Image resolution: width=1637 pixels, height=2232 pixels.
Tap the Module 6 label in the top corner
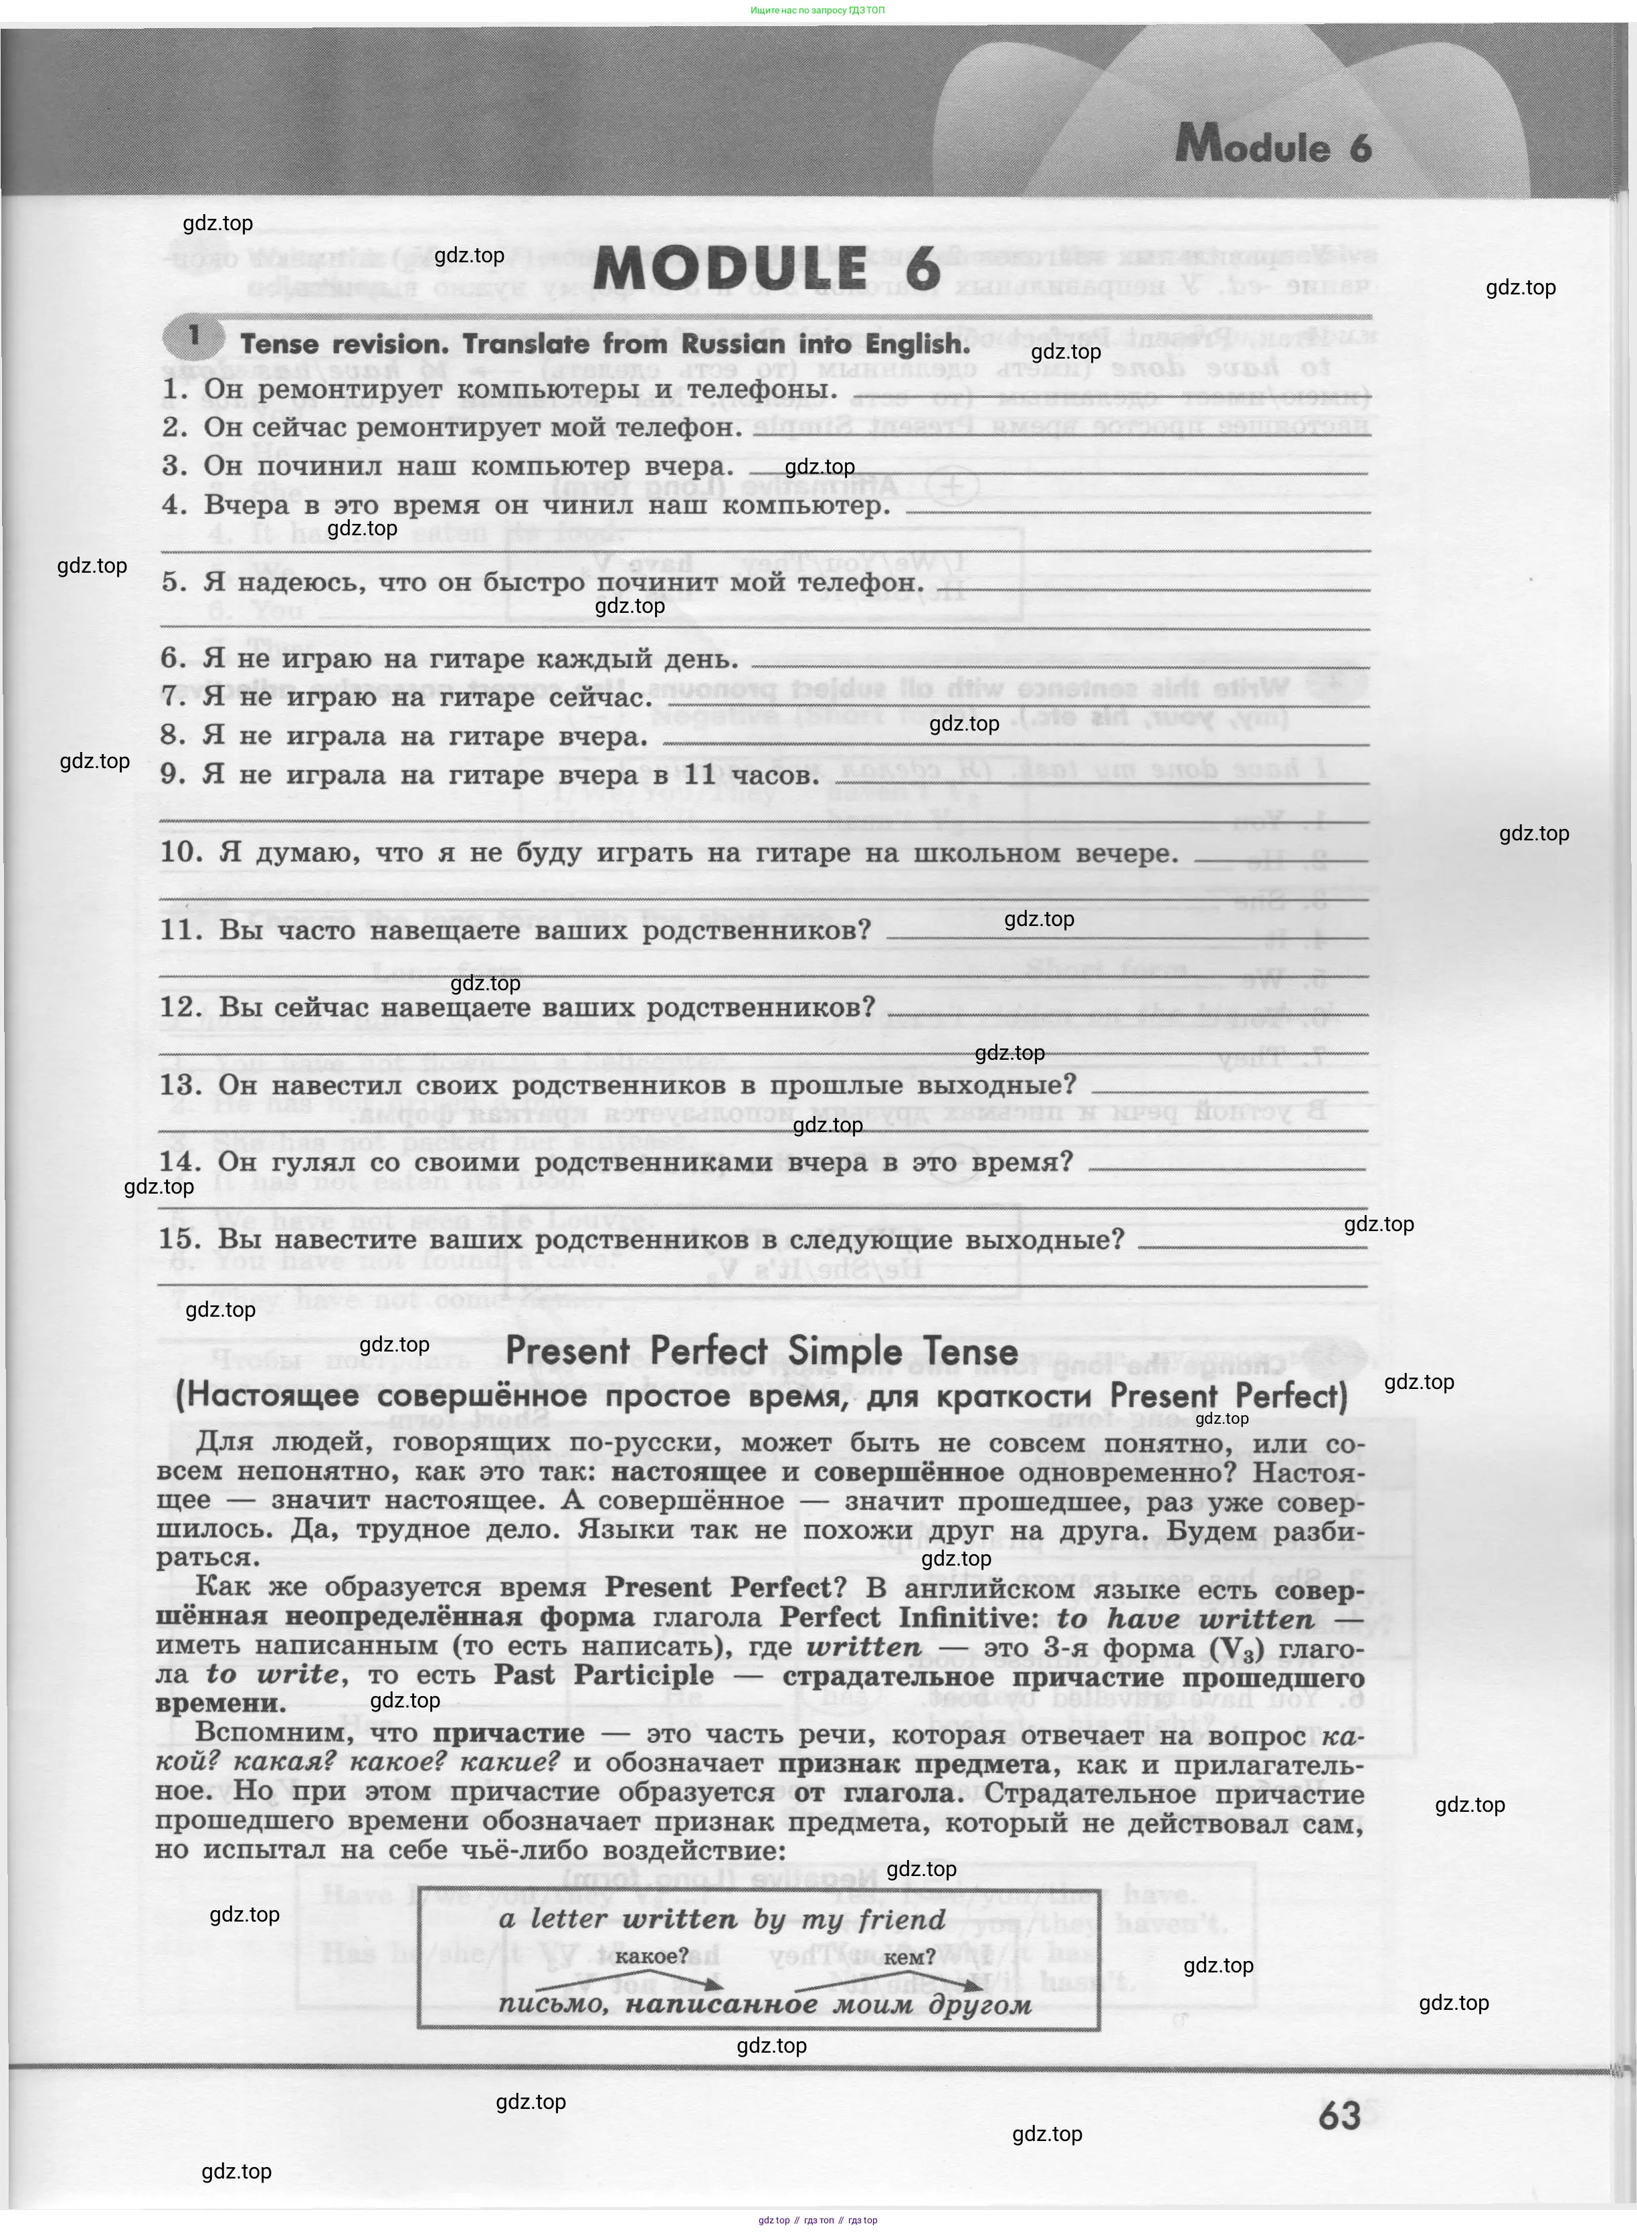tap(1273, 147)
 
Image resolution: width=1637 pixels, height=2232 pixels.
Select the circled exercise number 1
tap(193, 336)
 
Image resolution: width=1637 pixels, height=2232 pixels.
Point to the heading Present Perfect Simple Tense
tap(761, 1351)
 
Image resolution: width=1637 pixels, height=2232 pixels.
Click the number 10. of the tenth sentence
tap(181, 852)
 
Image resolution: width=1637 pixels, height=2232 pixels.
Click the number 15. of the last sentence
tap(181, 1239)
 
